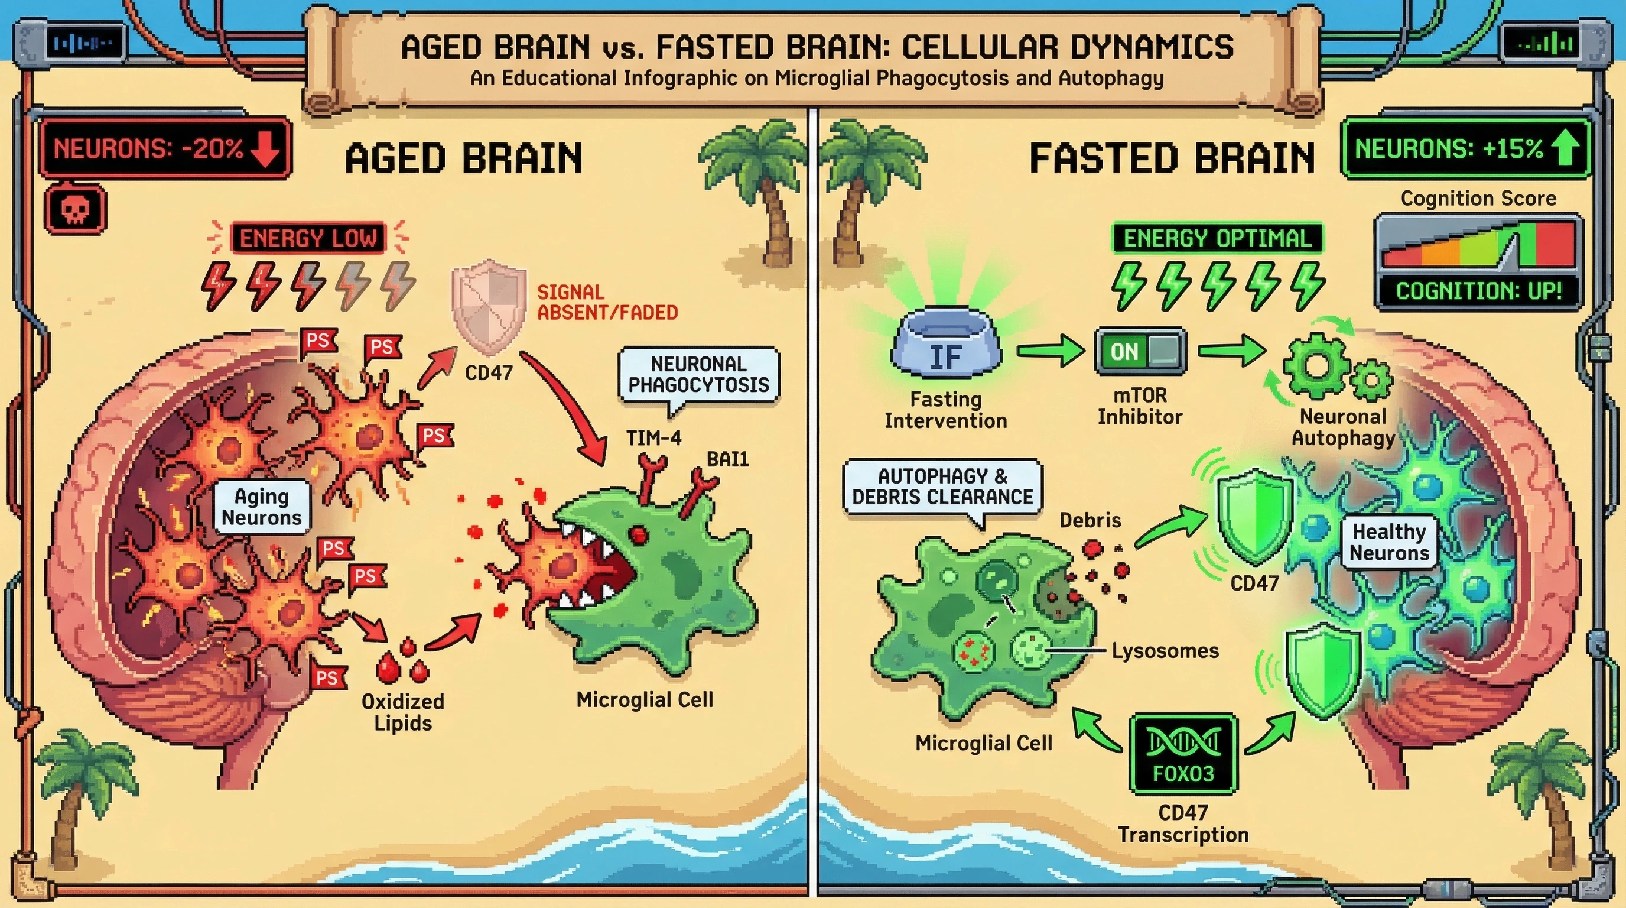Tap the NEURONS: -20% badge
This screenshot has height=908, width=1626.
click(x=165, y=148)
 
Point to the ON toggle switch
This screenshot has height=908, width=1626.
click(x=1140, y=351)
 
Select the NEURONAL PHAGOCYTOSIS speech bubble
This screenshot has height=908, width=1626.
click(x=699, y=374)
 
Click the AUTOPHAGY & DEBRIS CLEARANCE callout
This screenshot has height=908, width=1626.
click(x=942, y=487)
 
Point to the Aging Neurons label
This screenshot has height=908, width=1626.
click(x=262, y=507)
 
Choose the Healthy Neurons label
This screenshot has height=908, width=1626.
click(x=1388, y=543)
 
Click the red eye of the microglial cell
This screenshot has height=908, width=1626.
click(x=639, y=534)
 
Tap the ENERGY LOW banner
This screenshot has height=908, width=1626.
click(x=308, y=238)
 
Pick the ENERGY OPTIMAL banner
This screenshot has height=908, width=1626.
click(x=1217, y=238)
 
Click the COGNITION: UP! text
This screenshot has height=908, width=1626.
click(x=1479, y=291)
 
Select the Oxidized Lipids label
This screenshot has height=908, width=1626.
click(x=403, y=712)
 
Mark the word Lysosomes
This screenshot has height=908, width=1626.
click(x=1165, y=650)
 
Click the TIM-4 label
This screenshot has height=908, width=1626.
click(x=653, y=437)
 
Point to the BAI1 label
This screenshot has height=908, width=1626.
click(x=728, y=459)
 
